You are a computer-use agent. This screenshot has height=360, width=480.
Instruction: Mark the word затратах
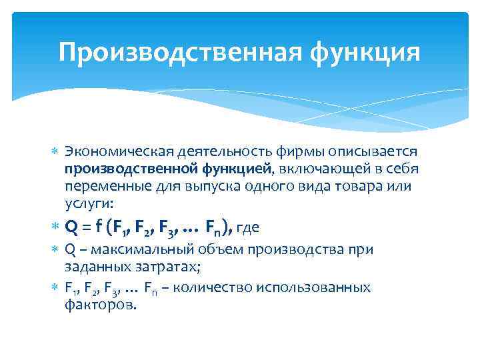(169, 267)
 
